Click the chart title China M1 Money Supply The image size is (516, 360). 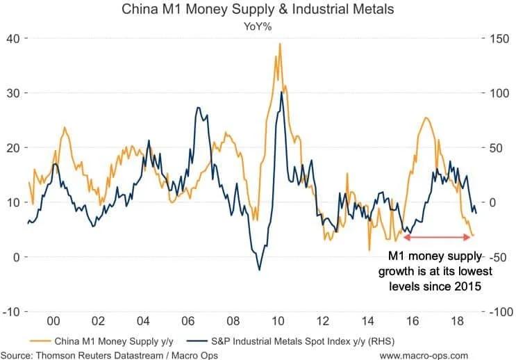[257, 10]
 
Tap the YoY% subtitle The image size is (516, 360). [257, 26]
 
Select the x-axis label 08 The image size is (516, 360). [233, 324]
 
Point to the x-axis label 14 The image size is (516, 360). [369, 324]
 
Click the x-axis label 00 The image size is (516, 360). [51, 324]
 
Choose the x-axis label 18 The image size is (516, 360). [460, 324]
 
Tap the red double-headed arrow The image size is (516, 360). [438, 238]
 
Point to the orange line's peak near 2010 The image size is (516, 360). [280, 44]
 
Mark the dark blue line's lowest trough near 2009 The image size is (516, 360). [260, 270]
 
